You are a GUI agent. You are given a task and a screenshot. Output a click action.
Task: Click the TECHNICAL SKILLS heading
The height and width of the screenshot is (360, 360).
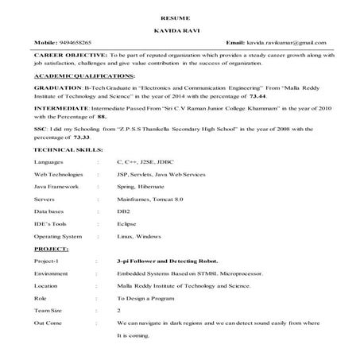(x=68, y=149)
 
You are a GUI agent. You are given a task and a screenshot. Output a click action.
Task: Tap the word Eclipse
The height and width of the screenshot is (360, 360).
(x=127, y=225)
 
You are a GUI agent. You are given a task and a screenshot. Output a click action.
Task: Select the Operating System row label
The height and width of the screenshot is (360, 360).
(x=58, y=237)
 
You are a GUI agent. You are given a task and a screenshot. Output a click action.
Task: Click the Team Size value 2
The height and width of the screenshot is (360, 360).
(x=119, y=310)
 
